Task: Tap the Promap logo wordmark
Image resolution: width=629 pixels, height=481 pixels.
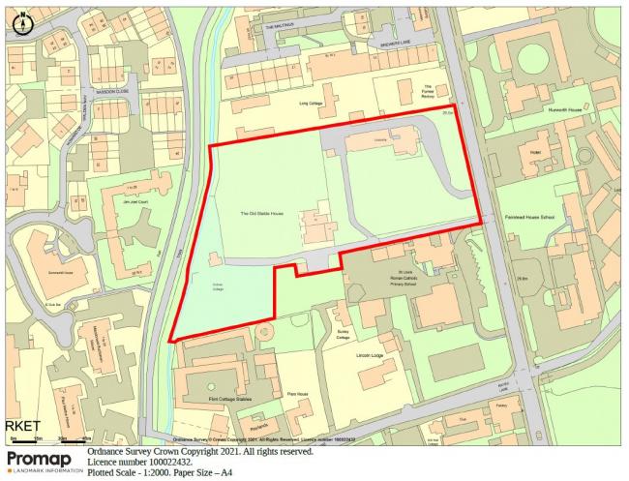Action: pos(39,458)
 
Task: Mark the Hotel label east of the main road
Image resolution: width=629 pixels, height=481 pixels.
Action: pos(535,152)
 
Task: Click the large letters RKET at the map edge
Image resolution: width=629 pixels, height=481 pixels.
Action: pos(21,425)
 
